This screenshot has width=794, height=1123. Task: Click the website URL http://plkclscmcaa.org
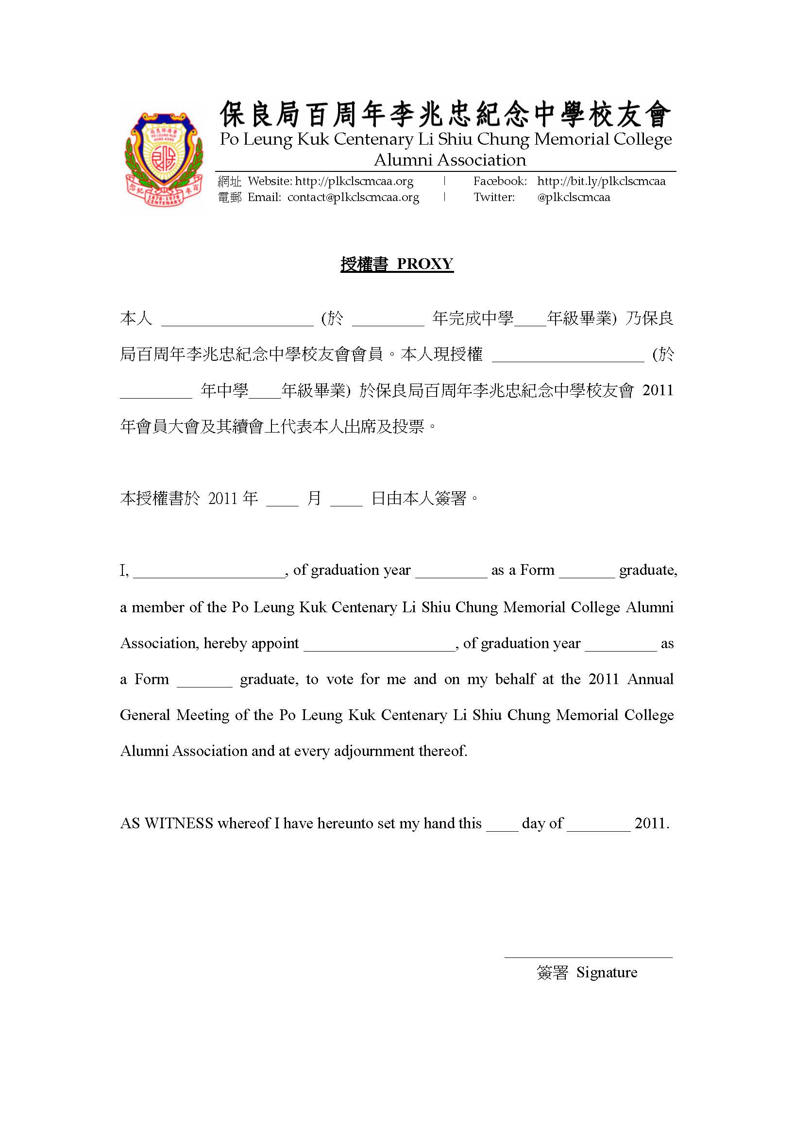coord(354,182)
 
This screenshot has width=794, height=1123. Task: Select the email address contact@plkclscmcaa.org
coord(353,198)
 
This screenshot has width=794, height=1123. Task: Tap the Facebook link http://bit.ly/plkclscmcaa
coord(601,182)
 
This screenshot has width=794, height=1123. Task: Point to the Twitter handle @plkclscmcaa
coord(574,198)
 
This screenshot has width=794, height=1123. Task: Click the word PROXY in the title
coord(424,264)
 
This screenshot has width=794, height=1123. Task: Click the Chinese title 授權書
coord(364,264)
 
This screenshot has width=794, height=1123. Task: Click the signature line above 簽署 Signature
coord(588,956)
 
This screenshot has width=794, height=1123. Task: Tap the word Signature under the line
coord(607,972)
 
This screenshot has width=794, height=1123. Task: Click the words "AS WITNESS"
coord(167,823)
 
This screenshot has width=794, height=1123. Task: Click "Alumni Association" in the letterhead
coord(450,160)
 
